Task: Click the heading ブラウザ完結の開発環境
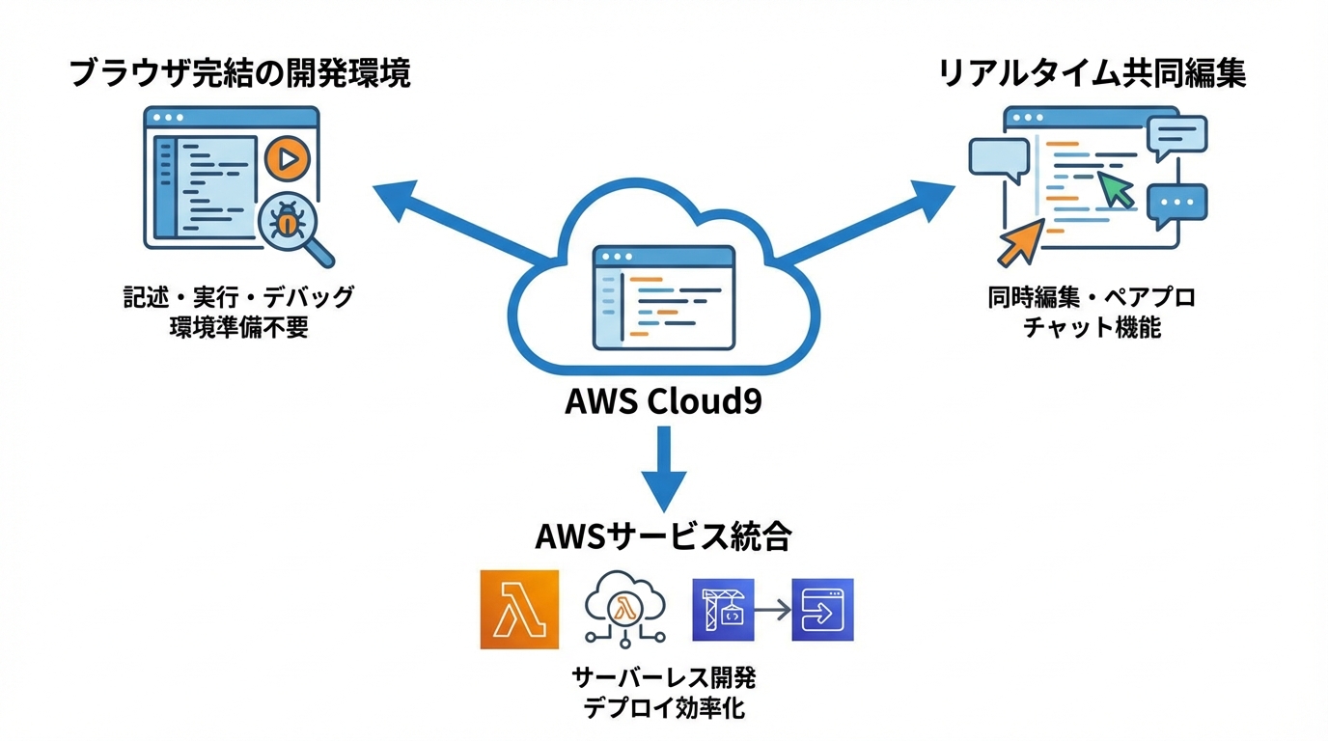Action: click(x=240, y=74)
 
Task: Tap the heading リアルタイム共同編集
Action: click(x=1092, y=74)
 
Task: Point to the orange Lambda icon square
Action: click(x=519, y=609)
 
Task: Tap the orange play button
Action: click(x=287, y=158)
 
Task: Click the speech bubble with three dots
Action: click(x=1176, y=204)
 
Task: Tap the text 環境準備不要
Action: click(x=238, y=328)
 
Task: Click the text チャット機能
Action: click(x=1092, y=328)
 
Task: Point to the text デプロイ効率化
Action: click(x=663, y=708)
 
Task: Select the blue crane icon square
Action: click(x=724, y=610)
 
